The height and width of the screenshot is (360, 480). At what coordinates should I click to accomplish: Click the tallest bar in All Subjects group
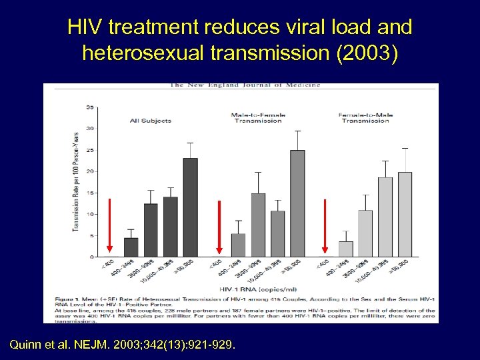coord(190,207)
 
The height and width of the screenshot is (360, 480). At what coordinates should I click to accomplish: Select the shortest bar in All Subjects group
coord(131,247)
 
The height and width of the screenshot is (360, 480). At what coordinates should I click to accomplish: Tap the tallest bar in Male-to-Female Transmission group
coord(297,203)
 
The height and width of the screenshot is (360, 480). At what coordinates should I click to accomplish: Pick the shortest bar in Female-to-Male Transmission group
coord(345,249)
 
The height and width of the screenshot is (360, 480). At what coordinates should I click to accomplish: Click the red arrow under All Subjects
coord(111,226)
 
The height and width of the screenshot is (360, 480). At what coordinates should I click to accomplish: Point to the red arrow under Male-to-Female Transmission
coord(219,227)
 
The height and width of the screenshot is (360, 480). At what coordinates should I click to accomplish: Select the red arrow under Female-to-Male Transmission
coord(325,227)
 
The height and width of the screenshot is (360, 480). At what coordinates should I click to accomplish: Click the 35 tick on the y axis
coord(89,107)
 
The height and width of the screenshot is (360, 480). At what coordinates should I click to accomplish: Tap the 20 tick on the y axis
coord(89,171)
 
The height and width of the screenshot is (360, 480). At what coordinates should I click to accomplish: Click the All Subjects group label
coord(151,121)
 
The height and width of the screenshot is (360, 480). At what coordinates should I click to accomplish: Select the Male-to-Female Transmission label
coord(257,117)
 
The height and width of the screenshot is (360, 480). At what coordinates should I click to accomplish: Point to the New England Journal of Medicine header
coord(245,85)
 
